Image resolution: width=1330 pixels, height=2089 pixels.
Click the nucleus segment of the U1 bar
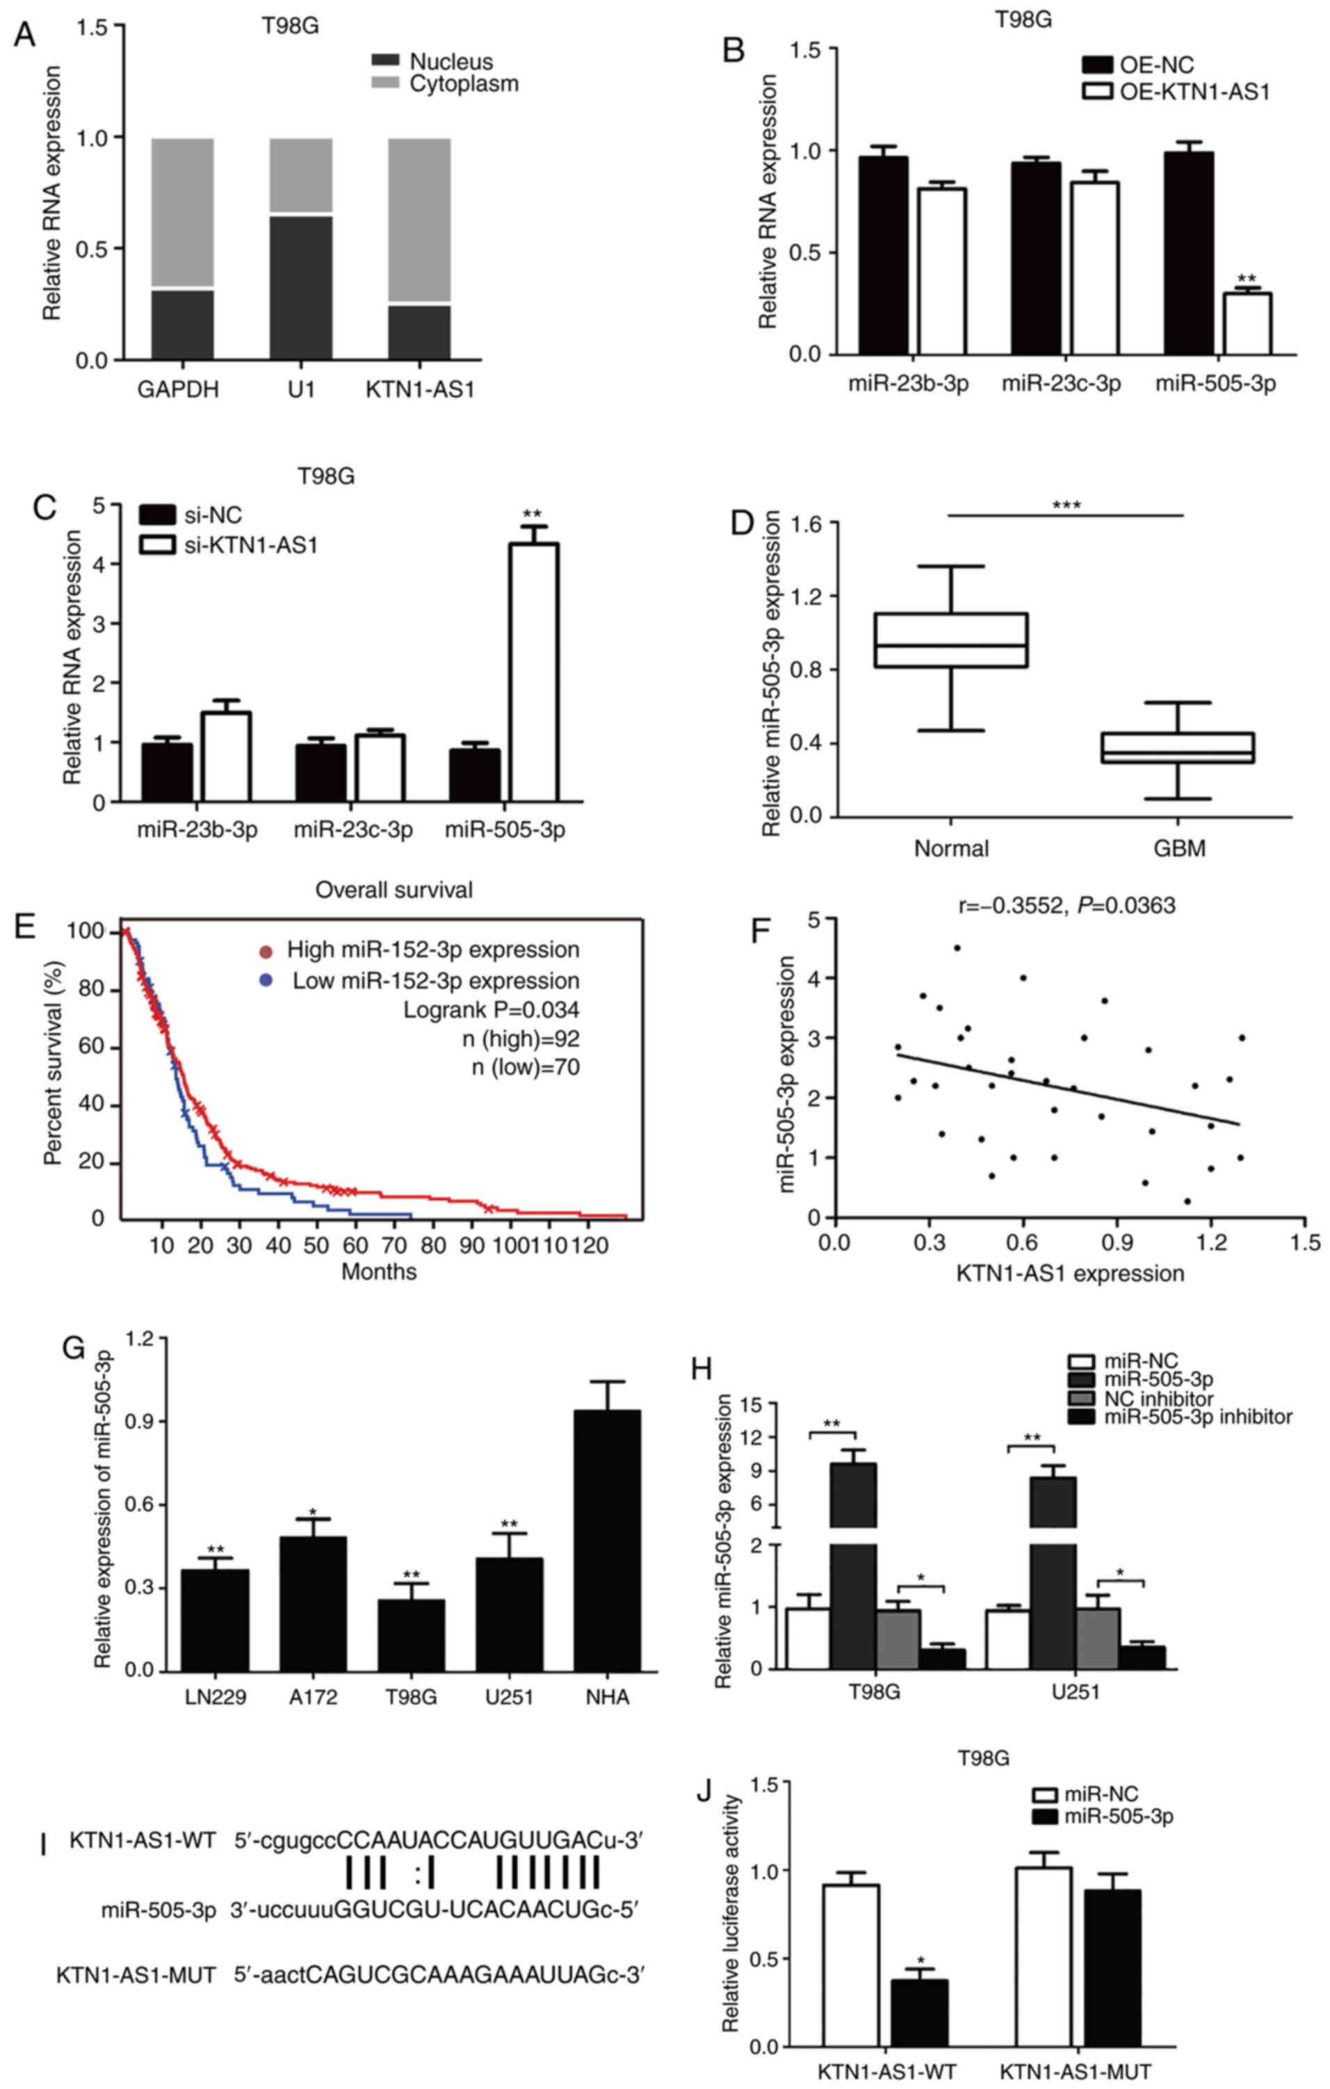pyautogui.click(x=300, y=286)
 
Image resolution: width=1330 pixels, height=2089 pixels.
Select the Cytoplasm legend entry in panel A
pyautogui.click(x=463, y=84)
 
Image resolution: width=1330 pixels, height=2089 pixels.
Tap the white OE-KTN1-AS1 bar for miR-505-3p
pyautogui.click(x=1247, y=323)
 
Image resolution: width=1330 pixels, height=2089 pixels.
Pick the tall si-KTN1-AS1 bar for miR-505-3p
pyautogui.click(x=533, y=672)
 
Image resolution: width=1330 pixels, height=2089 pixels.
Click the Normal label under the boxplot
pyautogui.click(x=951, y=847)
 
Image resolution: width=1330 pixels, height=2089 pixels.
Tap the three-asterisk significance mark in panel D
pyautogui.click(x=1067, y=505)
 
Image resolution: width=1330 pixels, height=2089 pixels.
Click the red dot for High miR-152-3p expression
pyautogui.click(x=266, y=952)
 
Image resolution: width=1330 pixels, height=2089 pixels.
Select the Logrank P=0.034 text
pyautogui.click(x=491, y=1010)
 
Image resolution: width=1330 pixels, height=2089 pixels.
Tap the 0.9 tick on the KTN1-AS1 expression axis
pyautogui.click(x=1117, y=1243)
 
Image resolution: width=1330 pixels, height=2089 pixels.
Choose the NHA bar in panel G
pyautogui.click(x=608, y=1540)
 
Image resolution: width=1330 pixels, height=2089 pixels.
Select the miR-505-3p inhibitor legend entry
pyautogui.click(x=1197, y=1417)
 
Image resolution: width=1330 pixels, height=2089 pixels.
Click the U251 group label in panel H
pyautogui.click(x=1075, y=1691)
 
